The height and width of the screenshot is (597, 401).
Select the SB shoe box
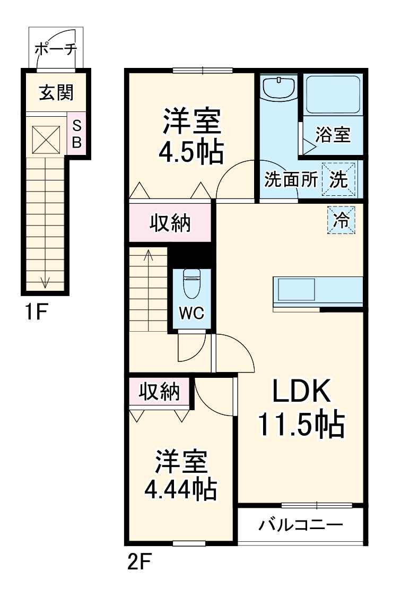point(76,134)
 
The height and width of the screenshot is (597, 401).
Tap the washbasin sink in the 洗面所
point(280,88)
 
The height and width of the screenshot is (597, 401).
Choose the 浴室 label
point(333,135)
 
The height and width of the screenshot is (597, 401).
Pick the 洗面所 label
point(291,180)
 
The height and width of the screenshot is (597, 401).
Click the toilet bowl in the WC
point(190,284)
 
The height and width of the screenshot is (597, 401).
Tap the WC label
point(190,313)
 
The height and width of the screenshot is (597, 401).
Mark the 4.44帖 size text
point(180,489)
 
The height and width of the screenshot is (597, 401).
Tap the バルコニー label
point(301,525)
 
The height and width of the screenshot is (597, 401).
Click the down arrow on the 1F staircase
point(45,280)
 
